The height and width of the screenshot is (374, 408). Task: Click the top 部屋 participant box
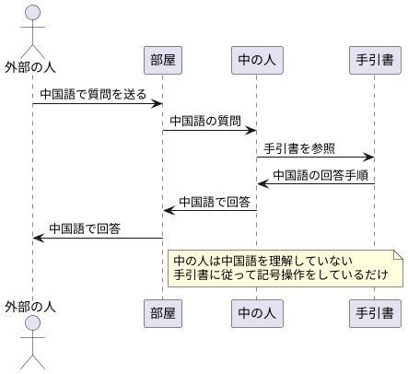pyautogui.click(x=163, y=60)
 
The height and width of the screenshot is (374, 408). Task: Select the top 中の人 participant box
pyautogui.click(x=257, y=60)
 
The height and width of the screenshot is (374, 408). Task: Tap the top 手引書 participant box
pyautogui.click(x=375, y=60)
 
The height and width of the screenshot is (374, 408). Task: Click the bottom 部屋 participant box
pyautogui.click(x=163, y=312)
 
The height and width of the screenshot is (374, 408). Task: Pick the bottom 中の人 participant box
pyautogui.click(x=257, y=312)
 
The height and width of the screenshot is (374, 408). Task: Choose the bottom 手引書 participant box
pyautogui.click(x=375, y=312)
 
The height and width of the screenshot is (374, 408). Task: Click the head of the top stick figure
pyautogui.click(x=33, y=12)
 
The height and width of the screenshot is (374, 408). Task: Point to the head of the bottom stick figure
pyautogui.click(x=33, y=322)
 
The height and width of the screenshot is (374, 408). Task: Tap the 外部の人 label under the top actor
pyautogui.click(x=33, y=67)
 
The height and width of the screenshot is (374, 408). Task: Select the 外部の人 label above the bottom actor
pyautogui.click(x=33, y=305)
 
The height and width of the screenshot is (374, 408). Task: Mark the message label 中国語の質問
pyautogui.click(x=204, y=122)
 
